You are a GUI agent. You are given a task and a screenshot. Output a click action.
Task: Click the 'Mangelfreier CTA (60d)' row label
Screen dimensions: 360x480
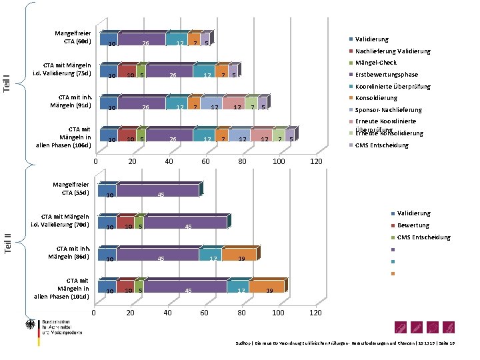pos(77,37)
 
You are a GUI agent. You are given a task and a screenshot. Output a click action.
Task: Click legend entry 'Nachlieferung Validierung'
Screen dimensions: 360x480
pos(392,51)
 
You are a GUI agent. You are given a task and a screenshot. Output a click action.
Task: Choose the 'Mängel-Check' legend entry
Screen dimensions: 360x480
pos(375,63)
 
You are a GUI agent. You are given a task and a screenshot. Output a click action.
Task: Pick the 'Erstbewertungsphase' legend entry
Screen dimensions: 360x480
pos(386,75)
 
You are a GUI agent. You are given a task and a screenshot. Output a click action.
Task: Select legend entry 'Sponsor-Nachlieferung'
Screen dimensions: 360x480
pos(388,110)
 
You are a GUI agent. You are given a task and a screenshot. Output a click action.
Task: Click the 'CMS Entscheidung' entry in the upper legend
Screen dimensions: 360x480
pos(381,145)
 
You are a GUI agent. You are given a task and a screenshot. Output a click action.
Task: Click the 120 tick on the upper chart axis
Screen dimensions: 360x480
pos(316,163)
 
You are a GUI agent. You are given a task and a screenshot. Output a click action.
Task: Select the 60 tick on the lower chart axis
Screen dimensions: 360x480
pos(205,314)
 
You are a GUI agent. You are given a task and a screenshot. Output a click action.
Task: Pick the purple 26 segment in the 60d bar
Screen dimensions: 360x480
pos(141,41)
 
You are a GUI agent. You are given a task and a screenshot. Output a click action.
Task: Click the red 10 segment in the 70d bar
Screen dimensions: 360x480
pos(125,223)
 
